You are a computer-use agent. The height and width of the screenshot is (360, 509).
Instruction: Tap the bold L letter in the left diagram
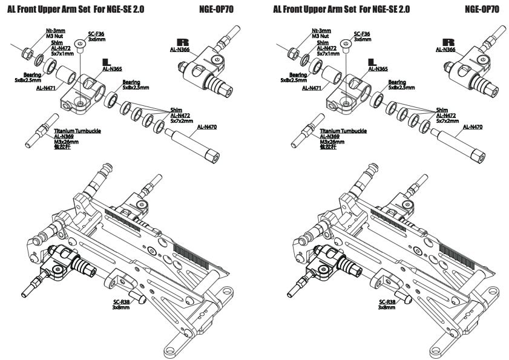point(107,62)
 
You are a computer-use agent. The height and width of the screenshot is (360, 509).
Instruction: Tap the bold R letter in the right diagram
point(448,42)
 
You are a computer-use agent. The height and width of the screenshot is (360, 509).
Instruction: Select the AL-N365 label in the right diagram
point(376,69)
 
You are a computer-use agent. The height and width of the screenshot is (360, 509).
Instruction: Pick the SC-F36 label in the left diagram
point(97,34)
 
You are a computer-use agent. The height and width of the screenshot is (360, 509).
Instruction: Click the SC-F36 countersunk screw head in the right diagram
point(346,43)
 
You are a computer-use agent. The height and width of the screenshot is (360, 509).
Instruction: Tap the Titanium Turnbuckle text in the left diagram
point(77,131)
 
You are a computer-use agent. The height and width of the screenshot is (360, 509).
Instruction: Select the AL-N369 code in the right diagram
point(329,137)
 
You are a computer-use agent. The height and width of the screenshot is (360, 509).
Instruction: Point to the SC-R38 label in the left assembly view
point(121,301)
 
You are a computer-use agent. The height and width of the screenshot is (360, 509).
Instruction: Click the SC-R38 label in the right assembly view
point(387,301)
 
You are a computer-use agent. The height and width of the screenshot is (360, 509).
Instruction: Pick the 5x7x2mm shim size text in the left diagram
point(180,120)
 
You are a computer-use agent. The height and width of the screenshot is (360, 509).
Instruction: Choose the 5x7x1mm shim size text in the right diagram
point(327,53)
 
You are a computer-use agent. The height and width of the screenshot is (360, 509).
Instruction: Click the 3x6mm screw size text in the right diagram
point(362,39)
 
